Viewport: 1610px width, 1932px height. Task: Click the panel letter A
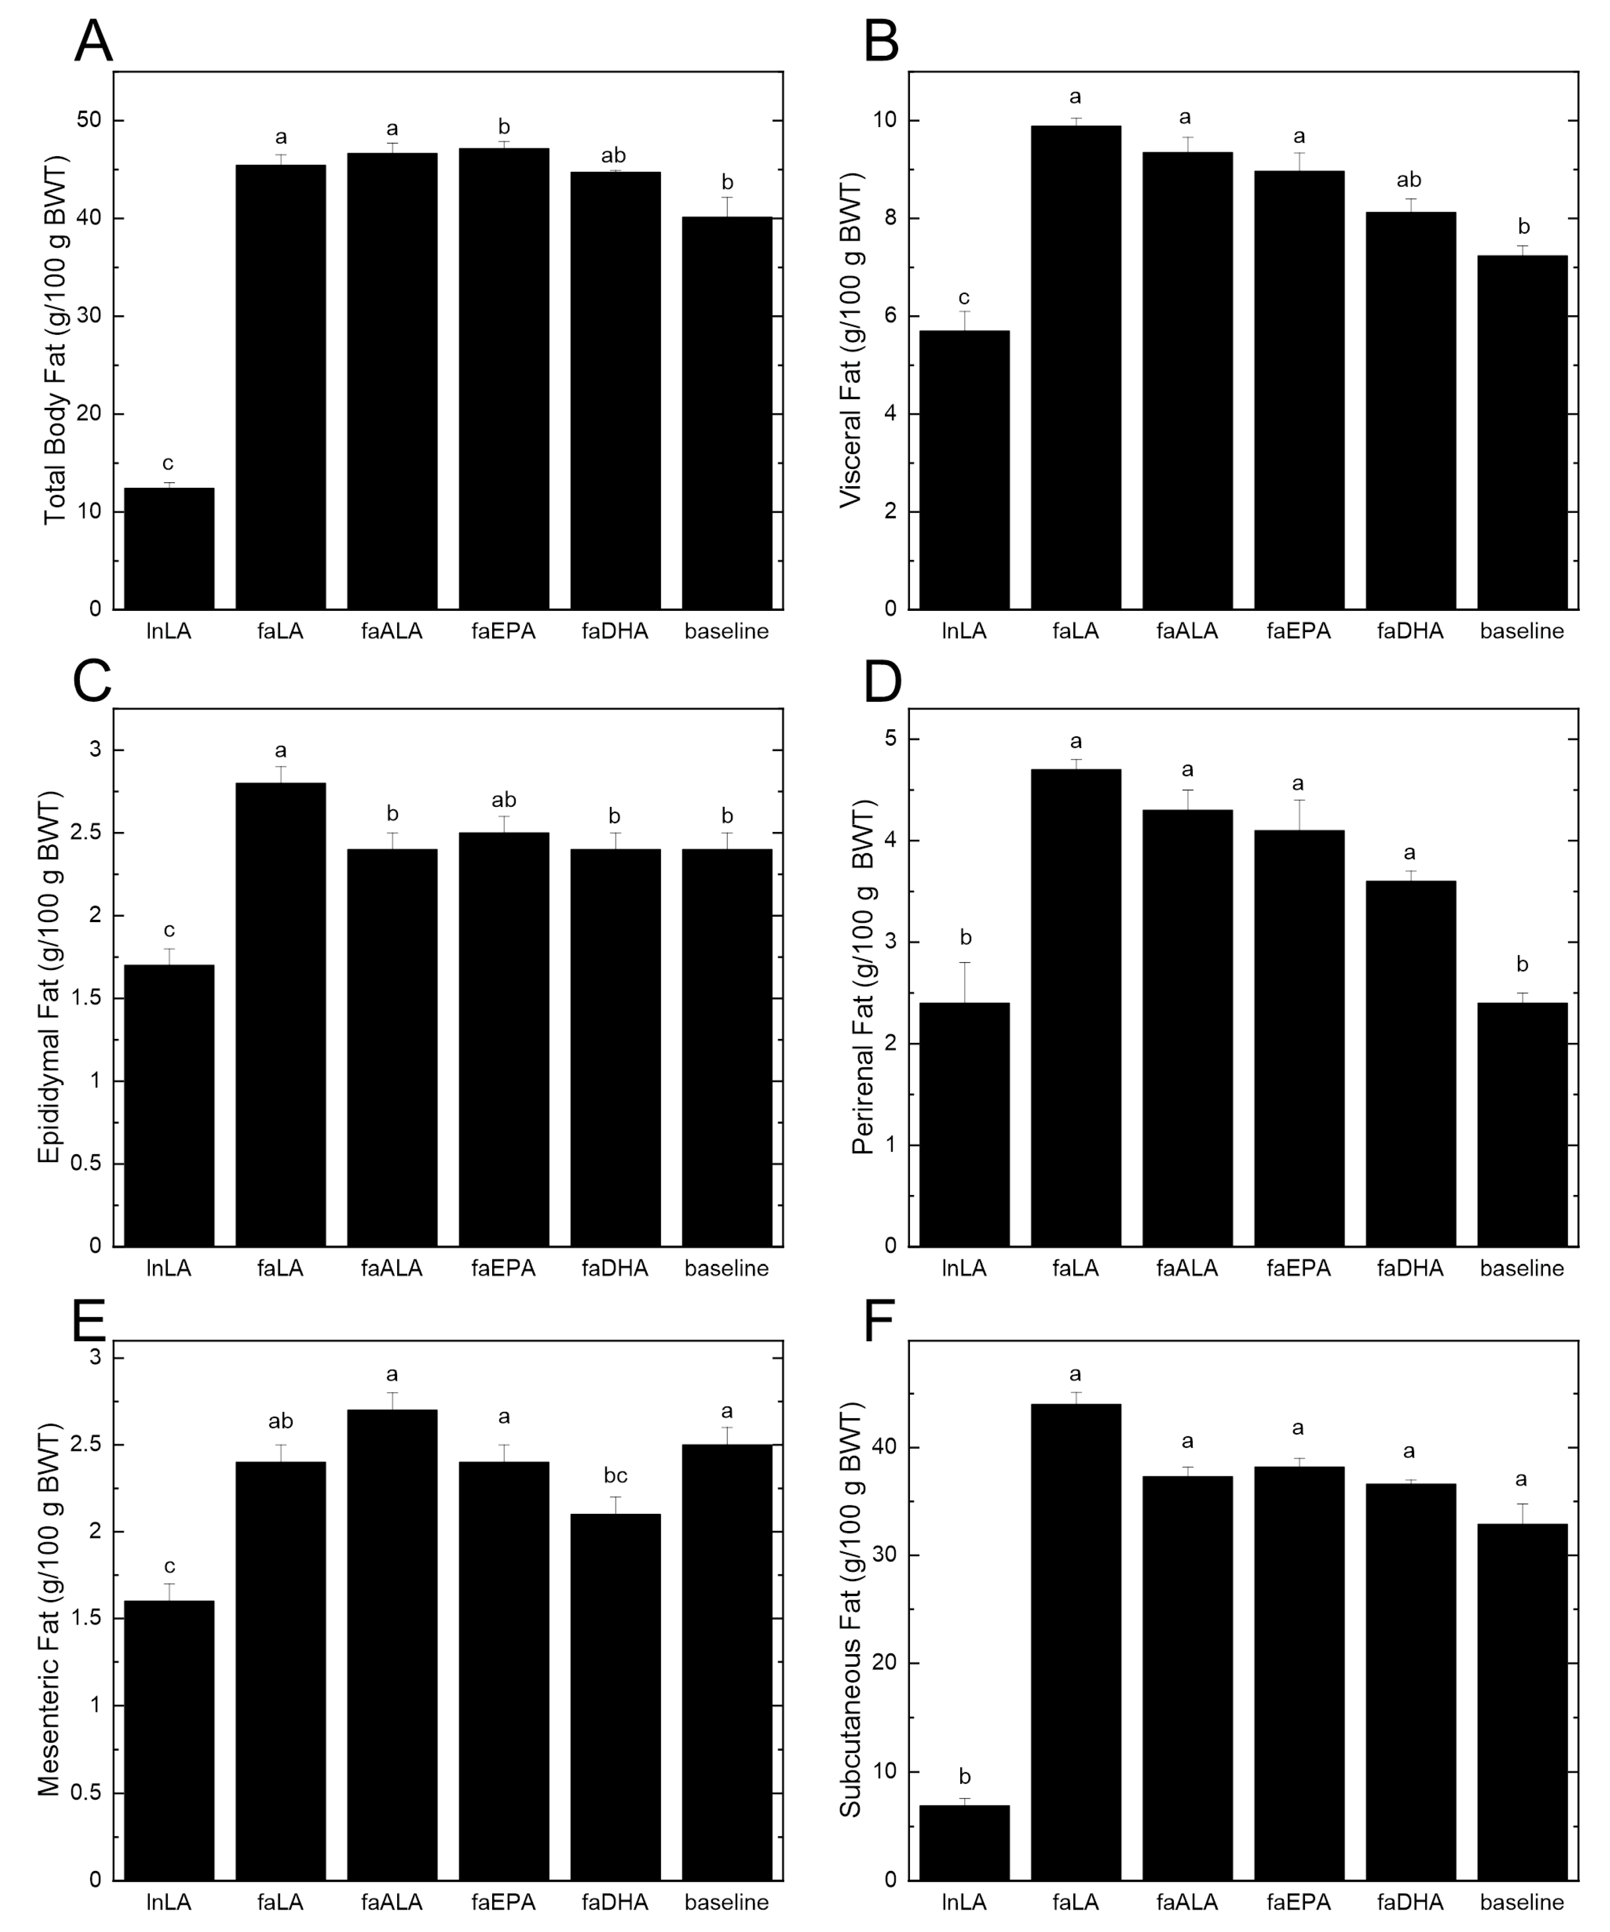(x=93, y=41)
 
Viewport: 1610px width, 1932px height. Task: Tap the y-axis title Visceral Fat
(x=850, y=340)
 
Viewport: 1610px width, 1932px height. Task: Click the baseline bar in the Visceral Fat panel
(x=1522, y=433)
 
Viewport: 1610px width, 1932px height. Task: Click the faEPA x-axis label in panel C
(x=503, y=1268)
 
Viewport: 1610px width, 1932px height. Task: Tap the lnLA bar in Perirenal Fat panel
(x=964, y=1124)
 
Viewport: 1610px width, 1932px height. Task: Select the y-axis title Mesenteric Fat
(x=49, y=1610)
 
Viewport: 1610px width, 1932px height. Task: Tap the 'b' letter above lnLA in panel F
(x=964, y=1776)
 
